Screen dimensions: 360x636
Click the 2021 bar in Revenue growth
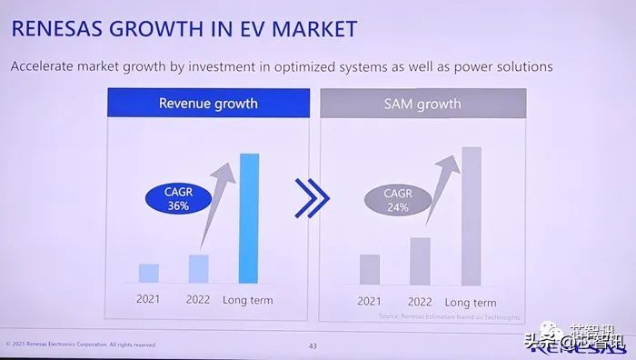(149, 273)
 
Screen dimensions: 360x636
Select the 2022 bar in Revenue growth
(198, 268)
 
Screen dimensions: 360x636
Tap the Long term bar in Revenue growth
(248, 218)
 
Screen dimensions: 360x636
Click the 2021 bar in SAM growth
(369, 269)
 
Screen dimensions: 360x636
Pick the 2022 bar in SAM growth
(419, 261)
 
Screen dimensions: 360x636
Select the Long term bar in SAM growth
(470, 216)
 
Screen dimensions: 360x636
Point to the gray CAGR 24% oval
(397, 200)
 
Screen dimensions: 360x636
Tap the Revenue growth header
(208, 103)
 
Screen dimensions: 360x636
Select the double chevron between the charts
(312, 198)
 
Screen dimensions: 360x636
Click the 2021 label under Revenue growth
(149, 299)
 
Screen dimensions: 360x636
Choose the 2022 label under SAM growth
(420, 302)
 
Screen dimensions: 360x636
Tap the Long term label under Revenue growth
(247, 299)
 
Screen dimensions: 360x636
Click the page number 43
(313, 345)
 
